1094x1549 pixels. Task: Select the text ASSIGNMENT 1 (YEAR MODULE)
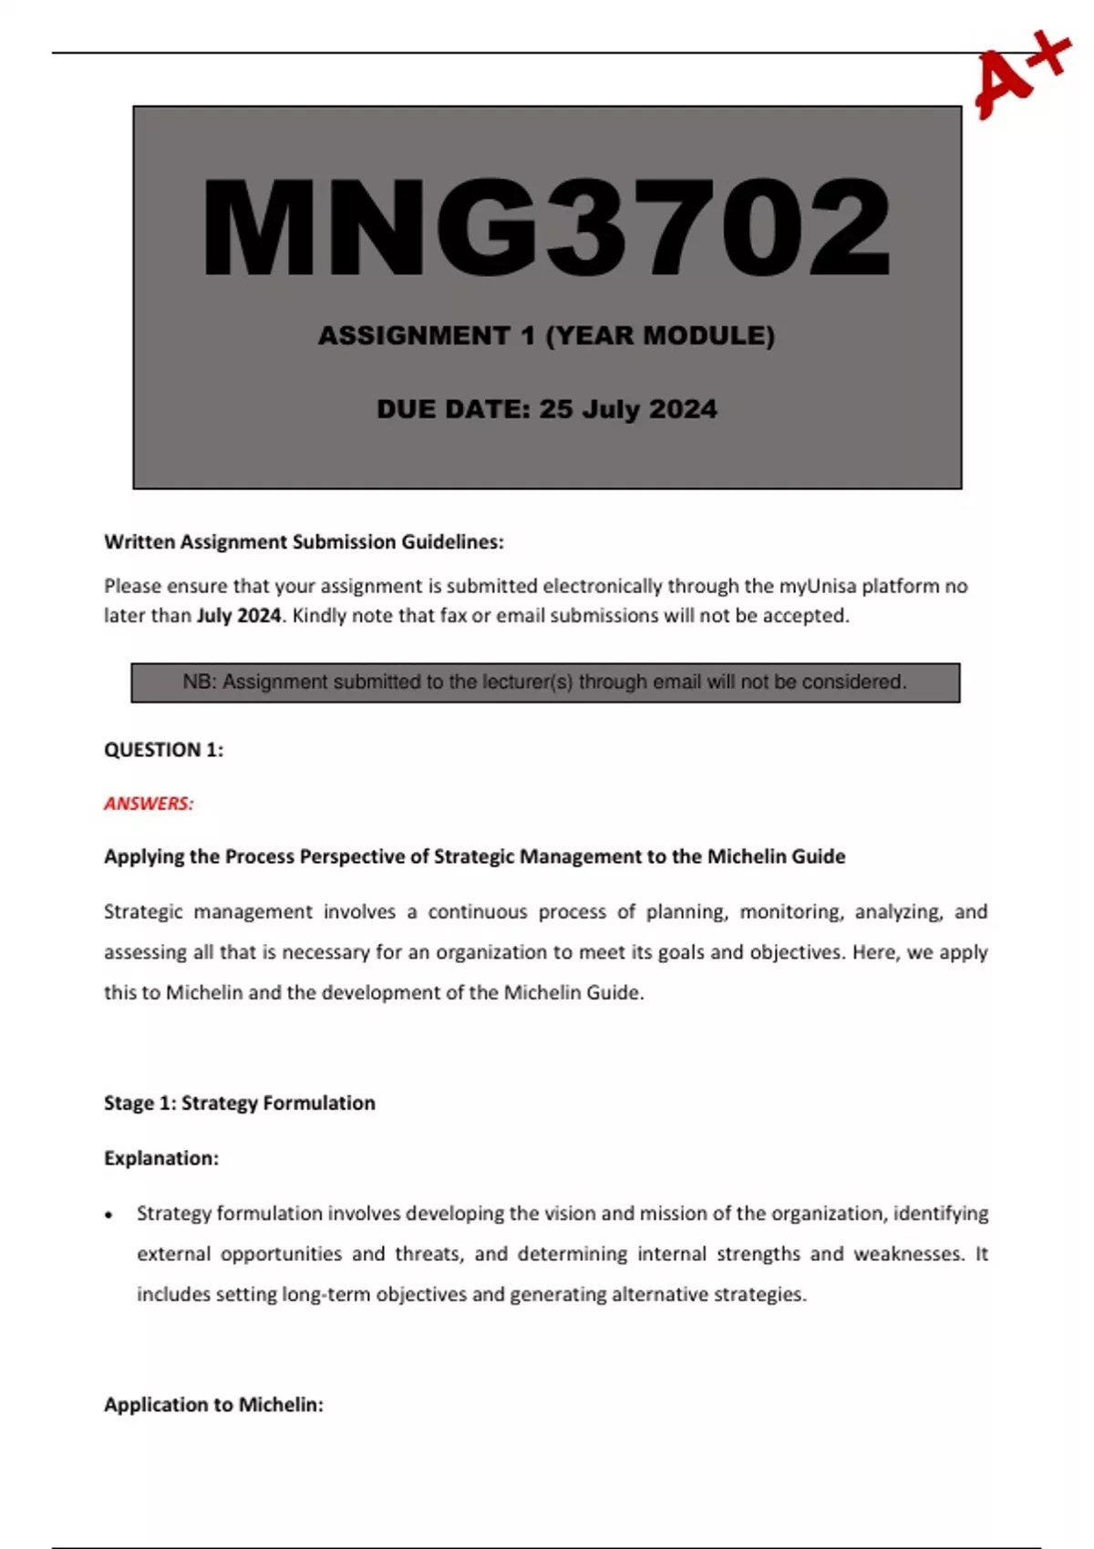coord(546,336)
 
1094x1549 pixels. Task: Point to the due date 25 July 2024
coord(627,409)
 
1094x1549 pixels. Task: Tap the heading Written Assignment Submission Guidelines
coord(304,542)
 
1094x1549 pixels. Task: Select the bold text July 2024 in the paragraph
coord(239,616)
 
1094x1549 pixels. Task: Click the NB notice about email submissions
coord(545,682)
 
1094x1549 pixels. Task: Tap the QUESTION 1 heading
coord(164,750)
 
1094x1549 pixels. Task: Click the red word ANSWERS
coord(149,804)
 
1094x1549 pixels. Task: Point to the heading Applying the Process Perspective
coord(474,857)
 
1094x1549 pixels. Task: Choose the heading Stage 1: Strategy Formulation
coord(240,1103)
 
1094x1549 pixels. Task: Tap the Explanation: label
coord(161,1158)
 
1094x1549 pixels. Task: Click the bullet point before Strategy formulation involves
coord(109,1215)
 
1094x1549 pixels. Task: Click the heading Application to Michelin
coord(214,1404)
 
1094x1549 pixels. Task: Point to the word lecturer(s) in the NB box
coord(522,682)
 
